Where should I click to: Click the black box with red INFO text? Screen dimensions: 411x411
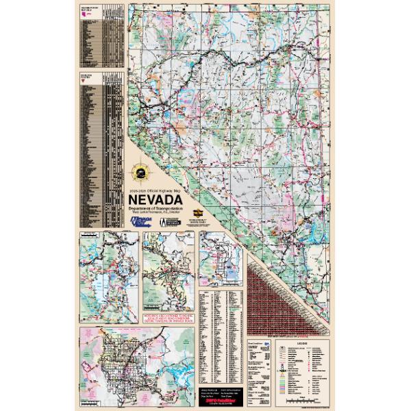pyautogui.click(x=219, y=395)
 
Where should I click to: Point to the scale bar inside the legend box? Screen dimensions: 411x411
pyautogui.click(x=312, y=398)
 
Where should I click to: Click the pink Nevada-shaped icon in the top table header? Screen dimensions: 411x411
pyautogui.click(x=85, y=14)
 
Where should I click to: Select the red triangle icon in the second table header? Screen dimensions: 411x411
pyautogui.click(x=85, y=77)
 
